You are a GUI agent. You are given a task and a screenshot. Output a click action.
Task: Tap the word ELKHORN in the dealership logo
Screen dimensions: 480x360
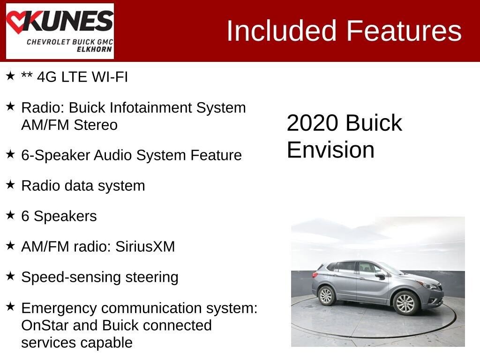click(94, 49)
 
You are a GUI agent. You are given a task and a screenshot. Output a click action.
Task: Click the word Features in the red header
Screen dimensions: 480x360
click(404, 31)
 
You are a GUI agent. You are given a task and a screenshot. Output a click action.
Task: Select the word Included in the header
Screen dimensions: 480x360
click(282, 31)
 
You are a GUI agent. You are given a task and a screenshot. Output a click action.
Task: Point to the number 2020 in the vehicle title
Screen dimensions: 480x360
click(313, 123)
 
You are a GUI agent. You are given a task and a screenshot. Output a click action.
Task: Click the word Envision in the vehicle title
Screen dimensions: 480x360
click(330, 150)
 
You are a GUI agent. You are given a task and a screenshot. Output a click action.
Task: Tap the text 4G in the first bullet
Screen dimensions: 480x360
click(47, 77)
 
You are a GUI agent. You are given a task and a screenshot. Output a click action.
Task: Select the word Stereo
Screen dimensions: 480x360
click(96, 125)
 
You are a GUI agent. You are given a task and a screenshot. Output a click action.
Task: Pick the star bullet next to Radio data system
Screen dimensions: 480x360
click(10, 184)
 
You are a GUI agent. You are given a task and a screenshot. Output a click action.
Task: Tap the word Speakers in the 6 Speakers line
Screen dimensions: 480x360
click(65, 216)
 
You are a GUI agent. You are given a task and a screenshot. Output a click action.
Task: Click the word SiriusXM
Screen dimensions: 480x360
click(145, 247)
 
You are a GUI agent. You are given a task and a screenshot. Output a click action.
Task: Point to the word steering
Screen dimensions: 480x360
click(152, 278)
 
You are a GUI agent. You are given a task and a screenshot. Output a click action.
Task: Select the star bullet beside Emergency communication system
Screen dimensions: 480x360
click(10, 307)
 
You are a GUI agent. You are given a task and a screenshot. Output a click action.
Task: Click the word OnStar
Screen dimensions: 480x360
click(45, 325)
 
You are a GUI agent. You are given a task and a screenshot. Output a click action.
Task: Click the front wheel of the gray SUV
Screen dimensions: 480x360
click(405, 302)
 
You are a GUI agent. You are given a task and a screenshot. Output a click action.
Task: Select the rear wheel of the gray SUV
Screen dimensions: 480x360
click(326, 296)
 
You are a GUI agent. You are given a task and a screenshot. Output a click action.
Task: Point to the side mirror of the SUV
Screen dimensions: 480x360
click(381, 276)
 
